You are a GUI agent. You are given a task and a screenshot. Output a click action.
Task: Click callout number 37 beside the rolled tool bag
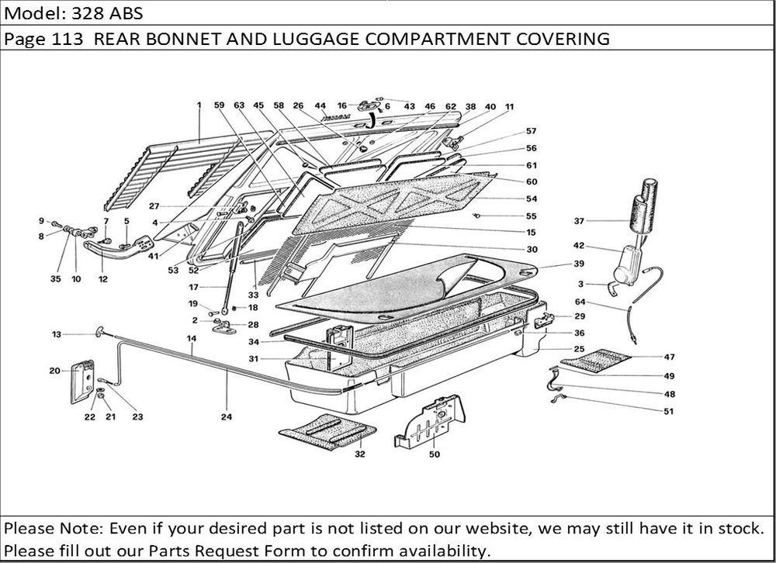point(579,221)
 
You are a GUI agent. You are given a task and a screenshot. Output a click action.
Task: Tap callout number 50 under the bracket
point(434,454)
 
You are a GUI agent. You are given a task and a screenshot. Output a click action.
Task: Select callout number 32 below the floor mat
point(359,454)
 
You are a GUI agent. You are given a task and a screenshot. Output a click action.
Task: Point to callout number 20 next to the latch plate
point(54,371)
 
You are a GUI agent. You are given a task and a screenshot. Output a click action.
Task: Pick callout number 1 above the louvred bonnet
point(199,105)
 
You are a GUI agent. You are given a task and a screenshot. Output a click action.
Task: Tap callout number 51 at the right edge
point(669,411)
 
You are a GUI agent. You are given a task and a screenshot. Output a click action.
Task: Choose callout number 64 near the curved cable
point(580,302)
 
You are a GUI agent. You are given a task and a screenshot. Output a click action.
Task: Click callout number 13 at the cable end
point(57,334)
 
